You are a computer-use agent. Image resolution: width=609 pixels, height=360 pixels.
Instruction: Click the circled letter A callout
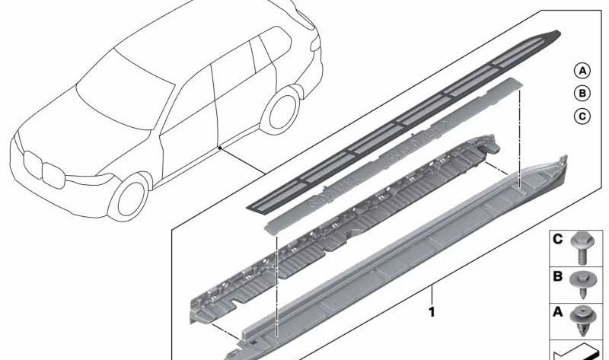[x=582, y=72]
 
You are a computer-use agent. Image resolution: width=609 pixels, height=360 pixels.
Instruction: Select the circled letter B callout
[x=582, y=94]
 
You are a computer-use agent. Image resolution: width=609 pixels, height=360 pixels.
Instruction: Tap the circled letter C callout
[x=582, y=116]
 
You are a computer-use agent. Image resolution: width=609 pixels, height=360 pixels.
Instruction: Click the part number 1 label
[x=432, y=312]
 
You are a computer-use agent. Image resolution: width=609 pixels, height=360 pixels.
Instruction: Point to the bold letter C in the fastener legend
[x=557, y=241]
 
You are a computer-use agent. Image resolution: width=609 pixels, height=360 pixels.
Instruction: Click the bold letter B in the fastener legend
[x=557, y=277]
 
